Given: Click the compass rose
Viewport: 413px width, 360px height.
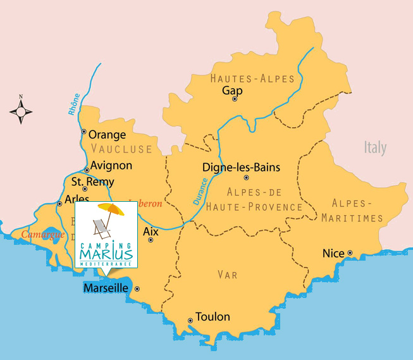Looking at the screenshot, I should (x=21, y=111).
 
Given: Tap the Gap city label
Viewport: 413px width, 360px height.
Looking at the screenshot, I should (x=232, y=90).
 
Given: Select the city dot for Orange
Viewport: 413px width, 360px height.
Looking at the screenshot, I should (x=83, y=132).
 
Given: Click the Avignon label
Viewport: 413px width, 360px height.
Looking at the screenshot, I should (x=111, y=165).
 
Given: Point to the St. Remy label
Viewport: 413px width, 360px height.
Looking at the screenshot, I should (x=93, y=182).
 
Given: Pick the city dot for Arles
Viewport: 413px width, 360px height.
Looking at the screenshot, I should (x=59, y=203).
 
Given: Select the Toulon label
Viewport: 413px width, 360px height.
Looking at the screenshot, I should (x=213, y=317).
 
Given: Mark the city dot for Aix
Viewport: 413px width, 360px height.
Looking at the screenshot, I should (x=151, y=240).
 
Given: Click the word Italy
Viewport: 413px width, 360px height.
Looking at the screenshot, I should (x=375, y=148).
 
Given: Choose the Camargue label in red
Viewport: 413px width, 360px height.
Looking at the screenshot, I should (x=44, y=235).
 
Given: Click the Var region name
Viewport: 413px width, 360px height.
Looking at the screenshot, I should (x=227, y=275).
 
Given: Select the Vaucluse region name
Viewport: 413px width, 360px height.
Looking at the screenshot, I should (x=121, y=149).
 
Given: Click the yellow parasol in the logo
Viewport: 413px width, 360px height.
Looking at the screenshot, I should (x=111, y=209).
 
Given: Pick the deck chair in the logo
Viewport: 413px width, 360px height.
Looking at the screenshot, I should (x=101, y=226).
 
